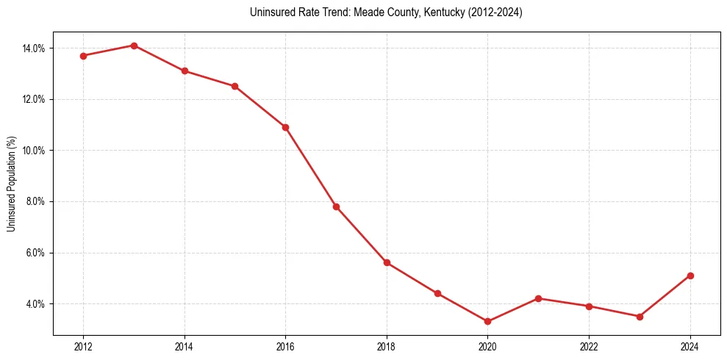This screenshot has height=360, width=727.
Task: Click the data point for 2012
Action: pyautogui.click(x=83, y=56)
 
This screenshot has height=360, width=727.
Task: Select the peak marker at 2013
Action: pyautogui.click(x=134, y=46)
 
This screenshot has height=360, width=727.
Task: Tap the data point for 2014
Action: pyautogui.click(x=185, y=71)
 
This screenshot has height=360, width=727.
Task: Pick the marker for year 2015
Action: pyautogui.click(x=234, y=86)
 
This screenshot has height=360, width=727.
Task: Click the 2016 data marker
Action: pyautogui.click(x=285, y=127)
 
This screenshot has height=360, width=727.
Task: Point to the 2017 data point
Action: pyautogui.click(x=336, y=206)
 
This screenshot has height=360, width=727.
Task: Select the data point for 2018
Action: pyautogui.click(x=387, y=262)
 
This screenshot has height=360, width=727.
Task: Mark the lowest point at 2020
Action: pyautogui.click(x=487, y=321)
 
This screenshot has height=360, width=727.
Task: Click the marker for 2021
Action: pyautogui.click(x=538, y=298)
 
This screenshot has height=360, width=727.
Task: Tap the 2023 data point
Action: pyautogui.click(x=640, y=317)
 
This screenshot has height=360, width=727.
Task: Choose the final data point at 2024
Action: pyautogui.click(x=690, y=276)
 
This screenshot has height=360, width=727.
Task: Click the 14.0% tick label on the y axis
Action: pyautogui.click(x=34, y=48)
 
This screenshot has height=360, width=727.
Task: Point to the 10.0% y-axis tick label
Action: pyautogui.click(x=34, y=151)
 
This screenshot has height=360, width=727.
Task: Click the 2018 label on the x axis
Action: pyautogui.click(x=387, y=346)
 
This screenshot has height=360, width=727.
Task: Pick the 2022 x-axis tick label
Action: pyautogui.click(x=589, y=346)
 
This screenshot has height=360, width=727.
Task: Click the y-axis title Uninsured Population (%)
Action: pyautogui.click(x=11, y=184)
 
